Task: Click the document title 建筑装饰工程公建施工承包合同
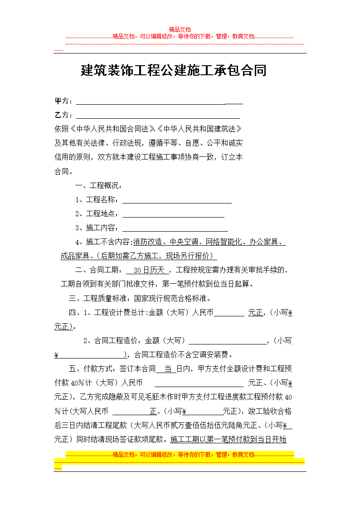click(174, 71)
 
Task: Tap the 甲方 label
click(63, 101)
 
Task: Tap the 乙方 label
click(63, 115)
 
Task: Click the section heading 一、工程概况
click(98, 186)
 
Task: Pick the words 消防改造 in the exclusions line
click(147, 242)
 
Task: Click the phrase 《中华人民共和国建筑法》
click(201, 129)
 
